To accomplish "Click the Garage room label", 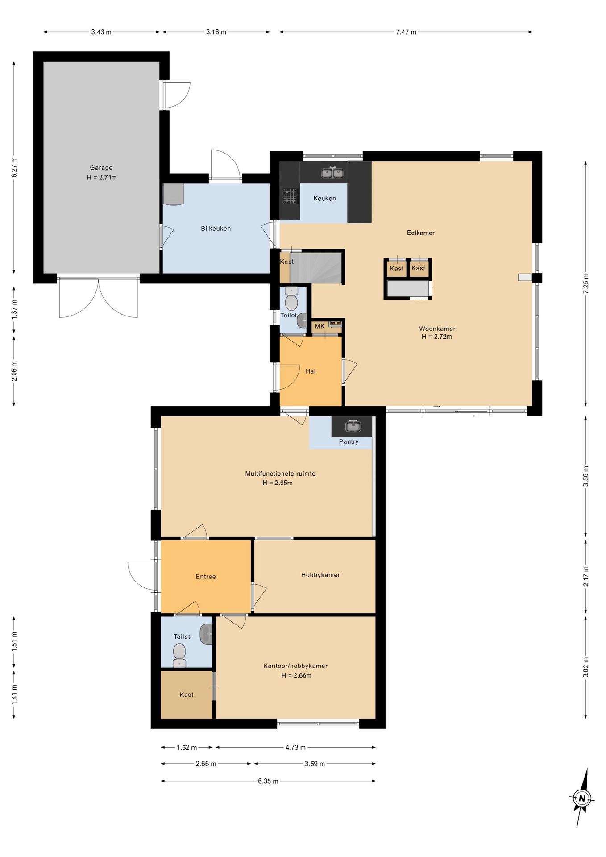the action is click(x=101, y=168).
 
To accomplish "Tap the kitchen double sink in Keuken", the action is click(x=332, y=172).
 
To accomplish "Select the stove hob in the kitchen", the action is click(x=290, y=196).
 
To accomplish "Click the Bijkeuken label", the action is click(x=216, y=229).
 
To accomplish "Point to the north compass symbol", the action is click(x=581, y=798).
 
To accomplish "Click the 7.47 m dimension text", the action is click(x=406, y=32).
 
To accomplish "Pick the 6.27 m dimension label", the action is click(x=14, y=167).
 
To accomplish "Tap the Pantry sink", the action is click(x=353, y=426).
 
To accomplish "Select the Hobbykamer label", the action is click(x=321, y=575).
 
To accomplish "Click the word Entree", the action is click(x=206, y=577).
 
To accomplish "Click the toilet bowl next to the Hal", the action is click(x=291, y=299).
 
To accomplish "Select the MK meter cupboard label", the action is click(x=320, y=326).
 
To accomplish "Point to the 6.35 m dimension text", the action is click(x=268, y=781).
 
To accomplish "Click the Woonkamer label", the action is click(x=437, y=329).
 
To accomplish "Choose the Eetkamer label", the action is click(x=421, y=233).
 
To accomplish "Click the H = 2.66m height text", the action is click(x=296, y=675).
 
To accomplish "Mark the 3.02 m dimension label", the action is click(x=586, y=667).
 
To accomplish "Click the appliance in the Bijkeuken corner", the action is click(x=174, y=194).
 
